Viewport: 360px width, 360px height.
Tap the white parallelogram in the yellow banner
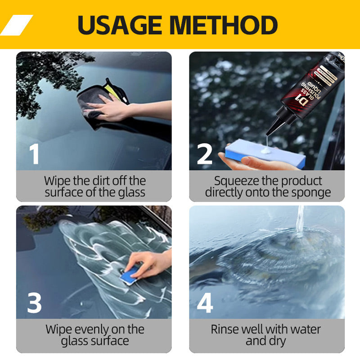click(x=17, y=25)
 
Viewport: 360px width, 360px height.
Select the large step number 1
click(x=34, y=153)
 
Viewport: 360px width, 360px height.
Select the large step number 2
click(x=205, y=153)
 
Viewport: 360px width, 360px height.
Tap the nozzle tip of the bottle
click(x=269, y=134)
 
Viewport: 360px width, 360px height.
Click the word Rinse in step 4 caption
click(x=226, y=329)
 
